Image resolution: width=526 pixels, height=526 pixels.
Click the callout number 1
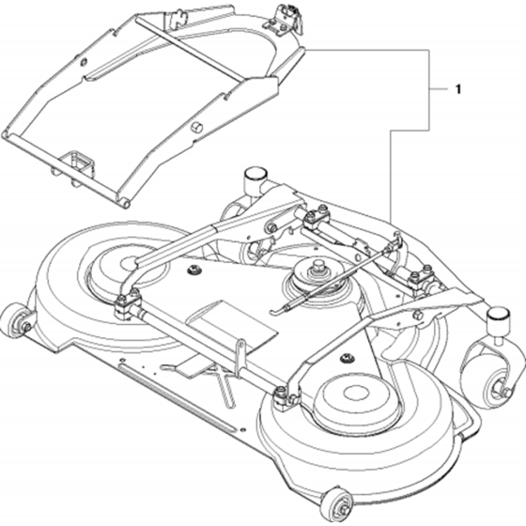[458, 89]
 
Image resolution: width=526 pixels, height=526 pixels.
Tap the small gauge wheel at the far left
[16, 319]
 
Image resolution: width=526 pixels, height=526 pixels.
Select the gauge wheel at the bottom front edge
[337, 504]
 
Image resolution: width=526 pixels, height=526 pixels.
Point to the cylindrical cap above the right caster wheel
[498, 318]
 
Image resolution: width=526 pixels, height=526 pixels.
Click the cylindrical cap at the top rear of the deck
[255, 177]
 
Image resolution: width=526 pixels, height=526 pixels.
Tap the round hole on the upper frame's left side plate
[84, 62]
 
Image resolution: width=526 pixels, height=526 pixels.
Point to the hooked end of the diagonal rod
[277, 311]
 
